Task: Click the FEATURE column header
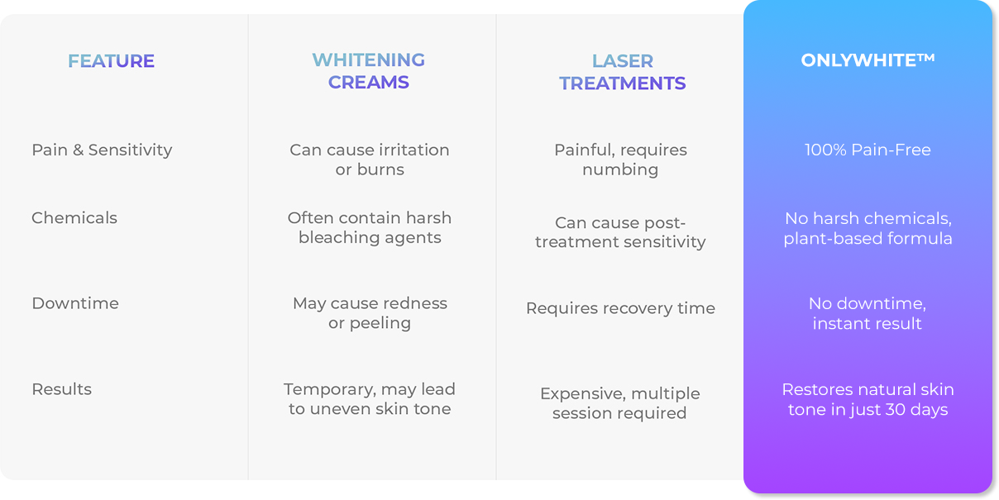click(111, 61)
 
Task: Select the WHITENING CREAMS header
click(368, 71)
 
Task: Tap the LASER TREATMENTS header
click(622, 72)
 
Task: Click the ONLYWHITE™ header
click(868, 60)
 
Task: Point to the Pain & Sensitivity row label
click(102, 150)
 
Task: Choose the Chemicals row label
click(74, 218)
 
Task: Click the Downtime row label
click(75, 303)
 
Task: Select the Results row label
click(61, 389)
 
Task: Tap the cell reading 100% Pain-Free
click(868, 150)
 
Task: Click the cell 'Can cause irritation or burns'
click(370, 160)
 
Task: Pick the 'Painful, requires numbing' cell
click(620, 160)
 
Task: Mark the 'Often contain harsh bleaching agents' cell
click(370, 228)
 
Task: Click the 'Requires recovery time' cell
click(620, 308)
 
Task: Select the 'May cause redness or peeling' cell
click(370, 313)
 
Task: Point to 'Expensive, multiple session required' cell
click(620, 403)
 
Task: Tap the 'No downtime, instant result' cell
click(868, 313)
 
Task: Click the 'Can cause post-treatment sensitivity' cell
click(620, 232)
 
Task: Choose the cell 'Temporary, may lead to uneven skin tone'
click(370, 399)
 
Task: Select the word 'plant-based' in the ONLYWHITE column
click(833, 239)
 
